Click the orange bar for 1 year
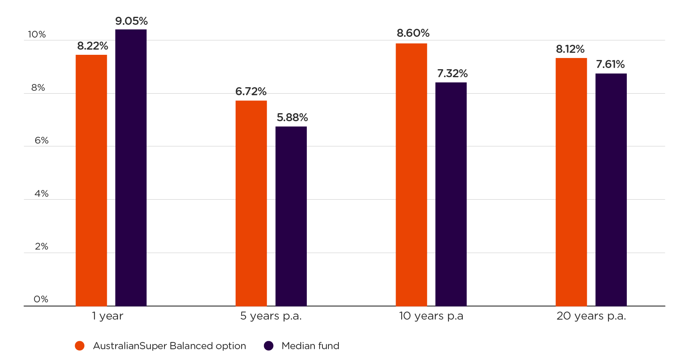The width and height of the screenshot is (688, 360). click(91, 180)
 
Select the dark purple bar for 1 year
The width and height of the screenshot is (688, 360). click(131, 168)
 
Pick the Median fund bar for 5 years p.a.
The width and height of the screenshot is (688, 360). click(291, 216)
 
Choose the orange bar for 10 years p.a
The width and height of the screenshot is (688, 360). click(411, 174)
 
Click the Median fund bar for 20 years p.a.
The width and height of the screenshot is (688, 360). click(611, 190)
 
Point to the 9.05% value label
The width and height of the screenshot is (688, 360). click(132, 21)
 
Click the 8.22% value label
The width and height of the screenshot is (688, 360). click(92, 46)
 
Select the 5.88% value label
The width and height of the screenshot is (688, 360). click(292, 118)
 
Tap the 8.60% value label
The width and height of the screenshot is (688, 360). click(413, 33)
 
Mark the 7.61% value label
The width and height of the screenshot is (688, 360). click(610, 64)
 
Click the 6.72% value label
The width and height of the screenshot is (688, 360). click(251, 92)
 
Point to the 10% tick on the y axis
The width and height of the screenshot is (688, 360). click(37, 35)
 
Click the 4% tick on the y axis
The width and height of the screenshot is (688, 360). click(41, 194)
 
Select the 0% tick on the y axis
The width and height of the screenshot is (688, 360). click(41, 299)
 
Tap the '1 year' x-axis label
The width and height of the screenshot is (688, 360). click(107, 316)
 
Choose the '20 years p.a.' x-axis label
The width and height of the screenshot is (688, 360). click(591, 316)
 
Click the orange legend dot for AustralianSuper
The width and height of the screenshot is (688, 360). click(80, 346)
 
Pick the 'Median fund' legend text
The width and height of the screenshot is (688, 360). click(310, 346)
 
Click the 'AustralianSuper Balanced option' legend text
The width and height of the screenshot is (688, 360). click(169, 346)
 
